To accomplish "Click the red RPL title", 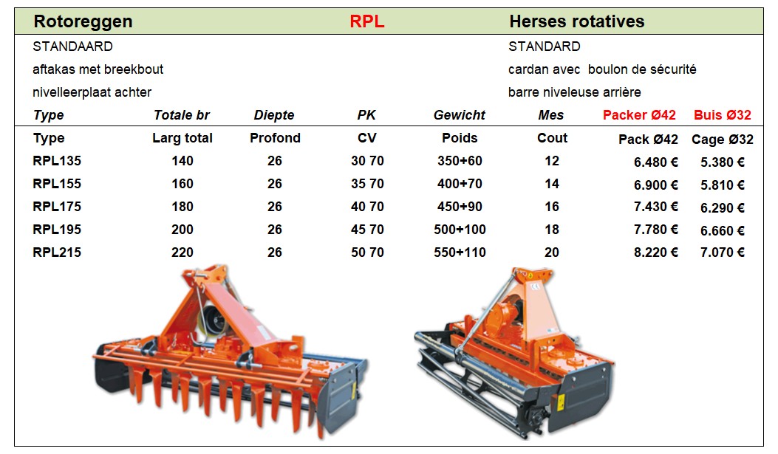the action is pos(366,21).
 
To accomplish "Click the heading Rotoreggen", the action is pos(83,21).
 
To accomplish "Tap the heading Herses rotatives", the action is pos(576,21).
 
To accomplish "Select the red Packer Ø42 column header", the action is pos(639,115).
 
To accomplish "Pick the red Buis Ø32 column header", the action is pos(722,115).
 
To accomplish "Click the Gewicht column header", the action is pos(460,115).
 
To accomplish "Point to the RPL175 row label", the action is pos(57,207).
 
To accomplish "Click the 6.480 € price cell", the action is pos(655,162).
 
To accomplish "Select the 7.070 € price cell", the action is pos(722,252).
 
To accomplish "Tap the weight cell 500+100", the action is pos(460,230).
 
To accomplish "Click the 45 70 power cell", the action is pos(367,230).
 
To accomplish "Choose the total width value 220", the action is pos(182,252).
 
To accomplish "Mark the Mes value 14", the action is pos(552,184).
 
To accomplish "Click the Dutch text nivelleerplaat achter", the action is pos(92,92).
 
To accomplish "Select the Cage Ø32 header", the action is pos(723,140).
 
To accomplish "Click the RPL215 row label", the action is pos(57,252).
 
